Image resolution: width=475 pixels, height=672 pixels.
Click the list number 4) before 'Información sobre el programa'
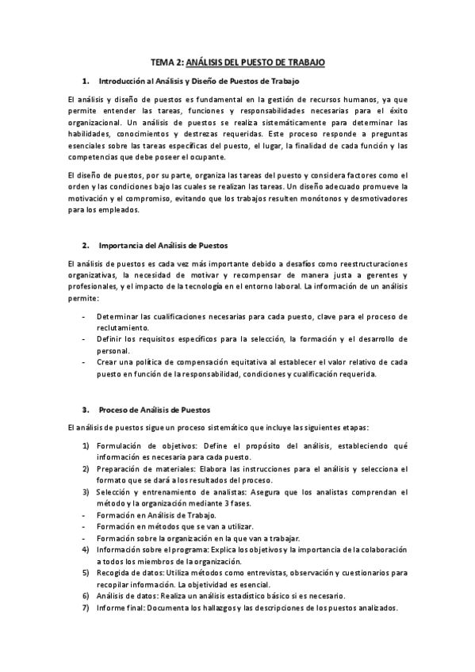tap(86, 549)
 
